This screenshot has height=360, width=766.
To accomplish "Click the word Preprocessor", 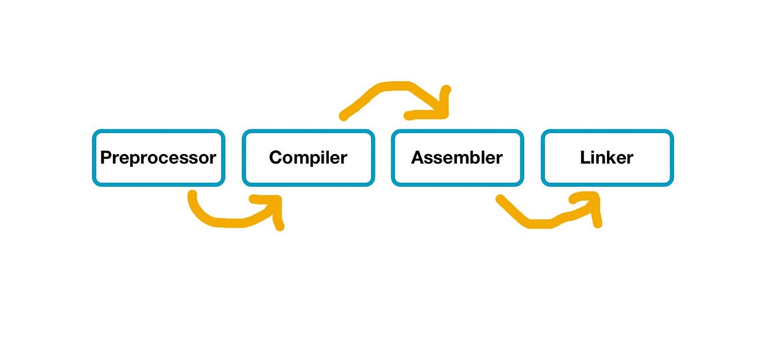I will pos(158,157).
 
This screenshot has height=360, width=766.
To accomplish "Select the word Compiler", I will pos(308,157).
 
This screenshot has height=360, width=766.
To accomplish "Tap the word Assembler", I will pos(457,157).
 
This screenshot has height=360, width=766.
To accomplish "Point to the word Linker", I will pos(606,157).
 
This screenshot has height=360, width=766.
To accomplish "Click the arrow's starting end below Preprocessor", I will pos(192,196).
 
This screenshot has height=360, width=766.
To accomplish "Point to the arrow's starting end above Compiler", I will pos(344,116).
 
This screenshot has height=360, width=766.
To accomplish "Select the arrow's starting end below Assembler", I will pos(499,199).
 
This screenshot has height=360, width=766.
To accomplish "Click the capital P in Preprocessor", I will pos(105,157).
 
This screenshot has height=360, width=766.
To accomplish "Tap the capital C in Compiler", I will pos(276,157).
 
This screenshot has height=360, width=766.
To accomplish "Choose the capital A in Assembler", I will pos(417,157).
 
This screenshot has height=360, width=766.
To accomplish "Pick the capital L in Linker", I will pos(584,157).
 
